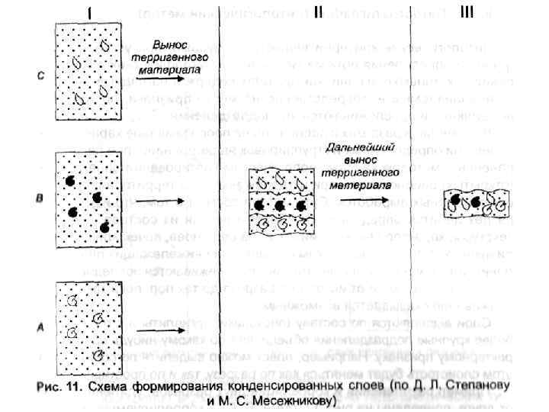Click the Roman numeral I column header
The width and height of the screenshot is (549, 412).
coord(91,13)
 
